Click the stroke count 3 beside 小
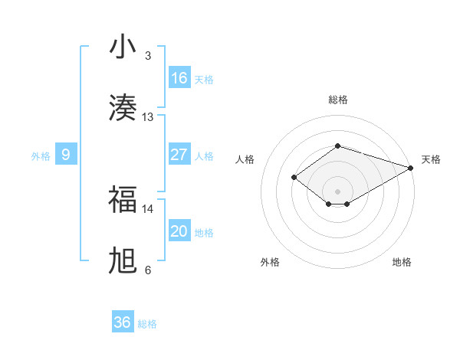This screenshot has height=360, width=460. (x=148, y=56)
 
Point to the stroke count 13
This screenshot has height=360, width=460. (x=148, y=117)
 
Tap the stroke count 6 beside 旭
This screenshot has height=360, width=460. (x=148, y=270)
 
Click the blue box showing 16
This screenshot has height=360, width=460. (x=179, y=78)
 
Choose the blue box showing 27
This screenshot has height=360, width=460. (x=179, y=155)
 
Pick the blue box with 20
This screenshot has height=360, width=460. (x=179, y=231)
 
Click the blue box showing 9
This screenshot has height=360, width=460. (x=66, y=155)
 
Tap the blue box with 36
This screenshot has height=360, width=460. (x=123, y=322)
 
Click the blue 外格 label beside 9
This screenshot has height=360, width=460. (x=41, y=155)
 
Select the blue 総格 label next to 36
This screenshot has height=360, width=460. (x=147, y=324)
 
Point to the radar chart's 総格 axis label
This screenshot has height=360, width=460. (x=337, y=100)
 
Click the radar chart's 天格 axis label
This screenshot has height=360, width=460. (x=431, y=159)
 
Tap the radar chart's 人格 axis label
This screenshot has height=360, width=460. (x=245, y=159)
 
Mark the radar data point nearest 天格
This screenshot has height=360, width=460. (x=411, y=168)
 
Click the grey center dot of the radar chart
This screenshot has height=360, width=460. (x=337, y=191)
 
